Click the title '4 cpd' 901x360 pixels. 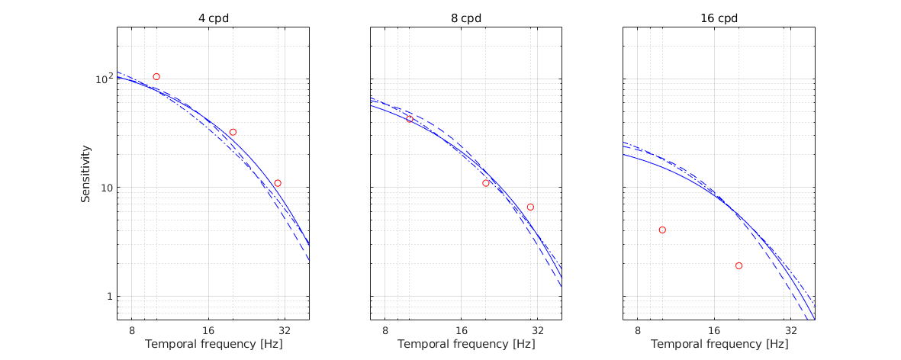[213, 18]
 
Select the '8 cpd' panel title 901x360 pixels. [466, 18]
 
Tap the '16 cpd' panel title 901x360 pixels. [719, 18]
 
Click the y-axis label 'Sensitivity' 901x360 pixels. [87, 174]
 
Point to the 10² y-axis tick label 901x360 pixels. [102, 79]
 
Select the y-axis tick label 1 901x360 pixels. [108, 296]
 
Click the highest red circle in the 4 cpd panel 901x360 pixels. [156, 77]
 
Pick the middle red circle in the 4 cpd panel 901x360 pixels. [233, 132]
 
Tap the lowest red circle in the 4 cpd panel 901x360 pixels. [278, 183]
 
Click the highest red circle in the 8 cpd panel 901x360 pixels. [410, 119]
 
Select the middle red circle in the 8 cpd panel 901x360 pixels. [486, 183]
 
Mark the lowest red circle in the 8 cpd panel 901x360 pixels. [530, 207]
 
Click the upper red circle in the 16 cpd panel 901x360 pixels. [662, 230]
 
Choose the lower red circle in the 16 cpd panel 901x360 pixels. [738, 265]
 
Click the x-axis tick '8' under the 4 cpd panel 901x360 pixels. [132, 330]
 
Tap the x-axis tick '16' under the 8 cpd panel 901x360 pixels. [462, 330]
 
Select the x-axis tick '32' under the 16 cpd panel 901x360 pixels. [791, 330]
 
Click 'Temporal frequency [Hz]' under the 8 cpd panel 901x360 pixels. [466, 344]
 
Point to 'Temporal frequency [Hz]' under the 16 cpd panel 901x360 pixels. [719, 344]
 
